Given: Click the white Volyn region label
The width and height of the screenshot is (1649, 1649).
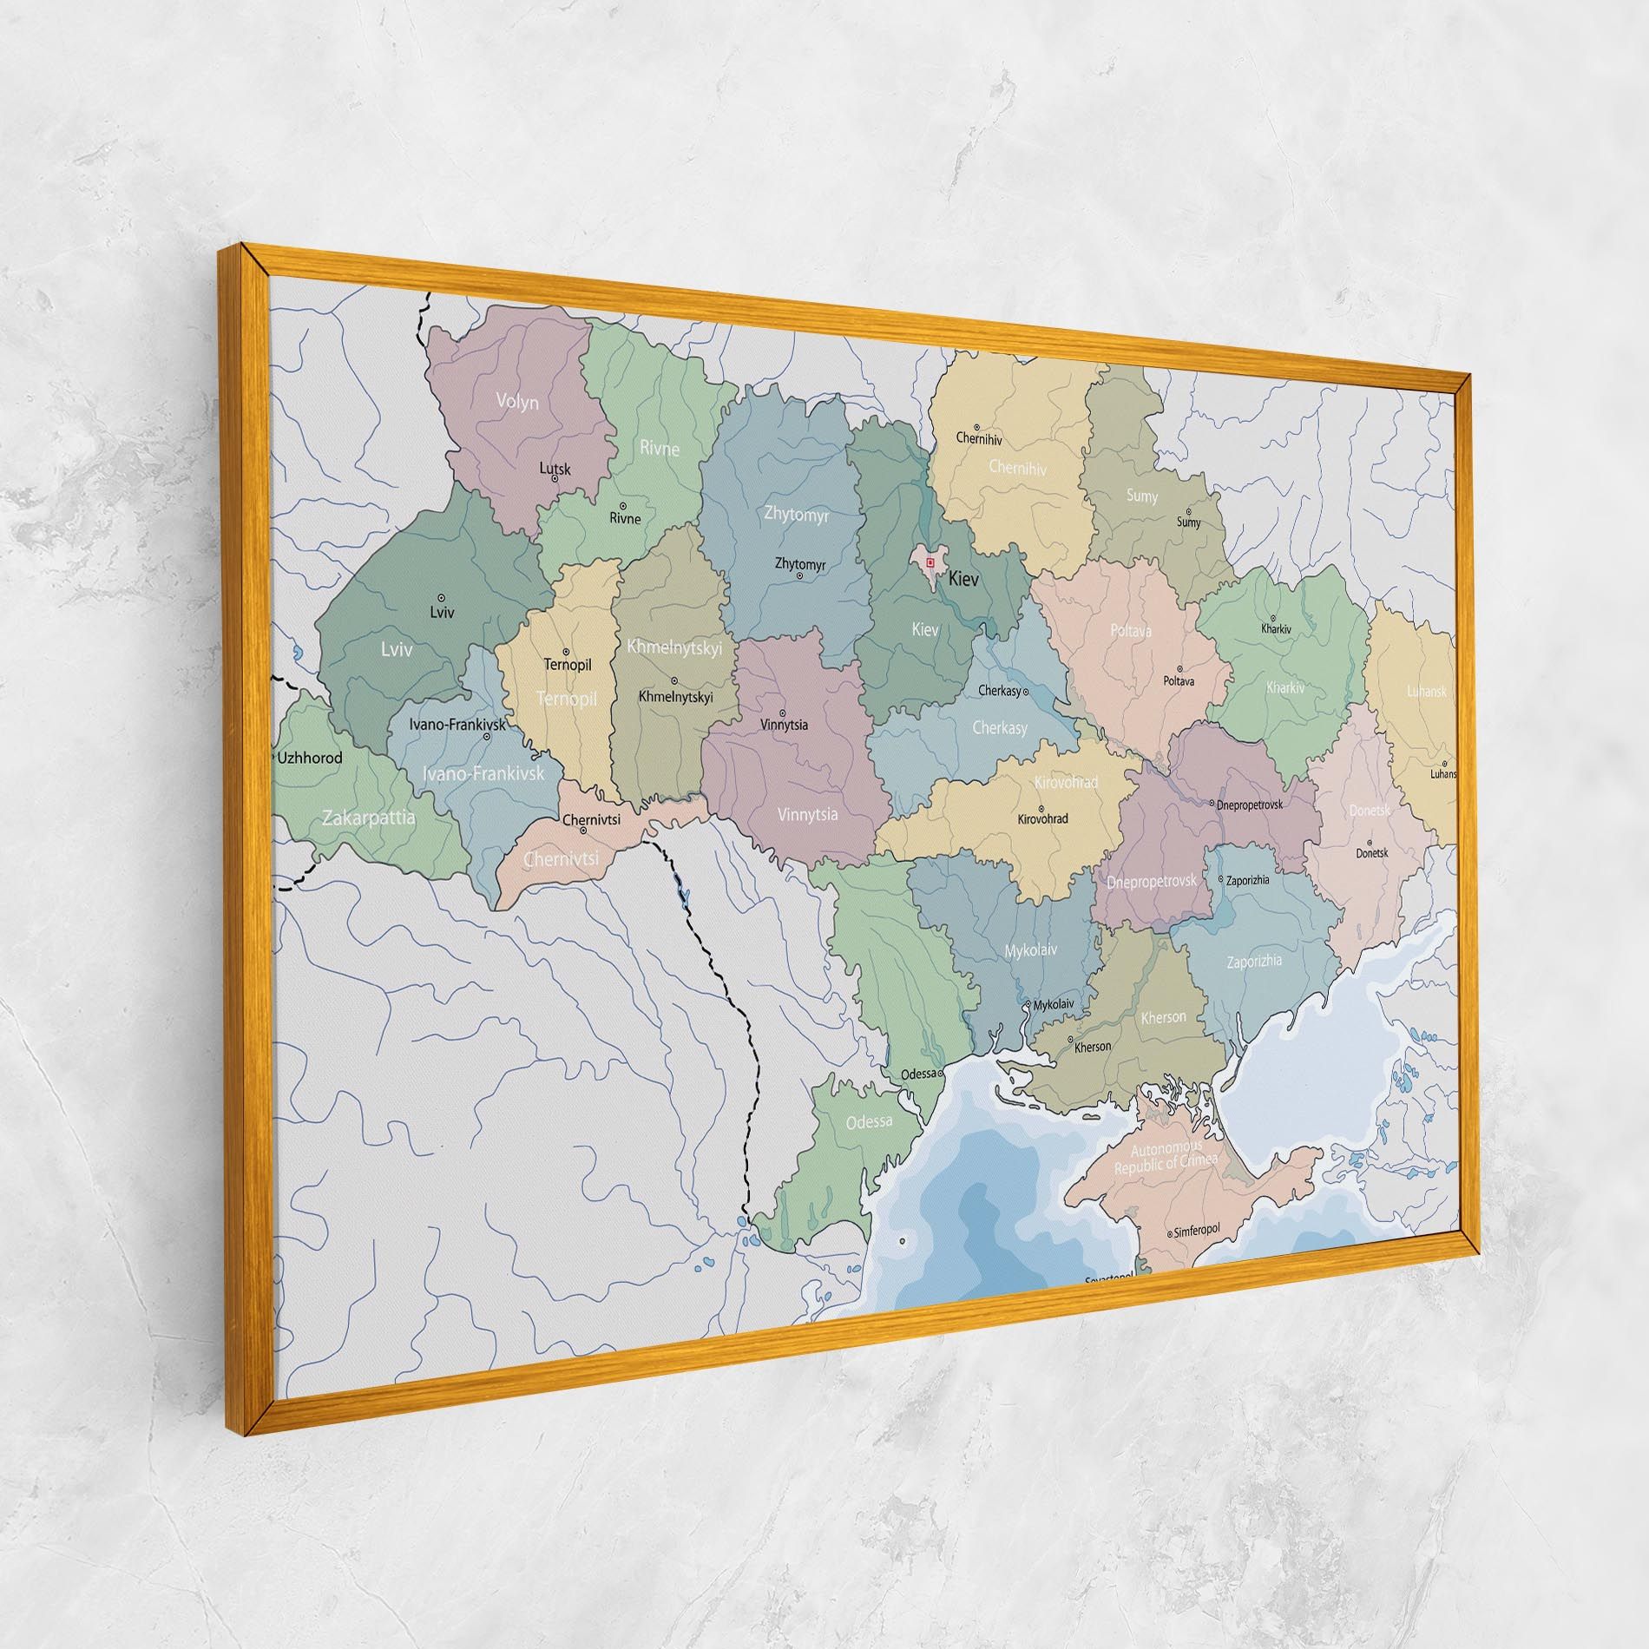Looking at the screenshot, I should [x=517, y=402].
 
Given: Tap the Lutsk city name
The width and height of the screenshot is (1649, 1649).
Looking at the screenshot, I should [x=555, y=470].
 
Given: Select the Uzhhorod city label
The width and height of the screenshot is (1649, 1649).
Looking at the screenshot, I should [x=310, y=758].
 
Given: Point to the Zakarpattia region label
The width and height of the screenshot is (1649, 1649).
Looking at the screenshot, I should [x=369, y=818].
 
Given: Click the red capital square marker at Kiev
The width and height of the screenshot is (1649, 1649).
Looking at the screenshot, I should [x=930, y=562].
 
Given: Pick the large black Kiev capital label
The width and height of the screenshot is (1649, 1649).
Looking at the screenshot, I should [x=963, y=579].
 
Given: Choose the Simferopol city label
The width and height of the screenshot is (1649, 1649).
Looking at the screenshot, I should [x=1198, y=1230].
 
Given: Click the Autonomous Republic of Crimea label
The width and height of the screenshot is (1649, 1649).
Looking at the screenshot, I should [x=1166, y=1158].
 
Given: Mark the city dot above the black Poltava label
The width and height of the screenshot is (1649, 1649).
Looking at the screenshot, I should [x=1179, y=669].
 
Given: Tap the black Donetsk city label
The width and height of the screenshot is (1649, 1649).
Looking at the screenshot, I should [x=1372, y=853].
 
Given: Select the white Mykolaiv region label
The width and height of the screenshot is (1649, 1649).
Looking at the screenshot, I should [x=1030, y=950].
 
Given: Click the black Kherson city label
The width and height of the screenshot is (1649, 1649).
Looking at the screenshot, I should [x=1093, y=1047].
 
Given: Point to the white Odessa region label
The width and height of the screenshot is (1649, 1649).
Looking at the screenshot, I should [x=869, y=1121].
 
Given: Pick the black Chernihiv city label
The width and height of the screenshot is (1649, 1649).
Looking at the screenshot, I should [x=979, y=438].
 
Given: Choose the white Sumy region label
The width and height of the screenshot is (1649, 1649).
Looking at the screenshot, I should [x=1141, y=496].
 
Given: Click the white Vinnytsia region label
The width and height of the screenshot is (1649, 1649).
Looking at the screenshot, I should [x=807, y=814].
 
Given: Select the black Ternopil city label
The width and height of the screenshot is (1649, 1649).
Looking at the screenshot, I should [x=567, y=665].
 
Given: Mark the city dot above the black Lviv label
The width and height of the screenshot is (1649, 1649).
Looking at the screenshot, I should [x=442, y=598].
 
